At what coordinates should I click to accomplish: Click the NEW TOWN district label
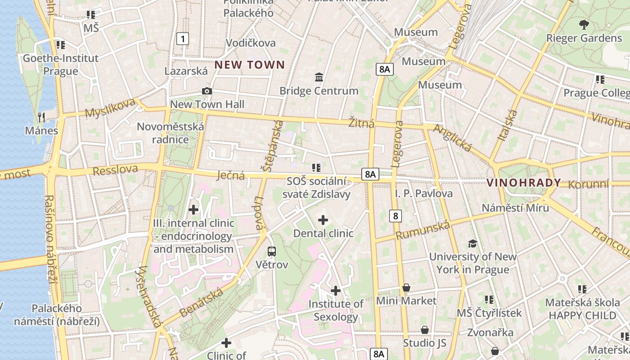pos(249,65)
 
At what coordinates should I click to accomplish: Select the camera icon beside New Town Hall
pos(207,91)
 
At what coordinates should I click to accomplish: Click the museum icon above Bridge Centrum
pos(319,77)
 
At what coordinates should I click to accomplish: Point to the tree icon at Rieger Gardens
pos(584,24)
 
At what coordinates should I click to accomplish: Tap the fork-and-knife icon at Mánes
pos(41,117)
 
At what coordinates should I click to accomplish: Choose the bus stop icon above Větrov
pos(271,251)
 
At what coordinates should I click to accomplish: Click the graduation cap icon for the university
pos(472,243)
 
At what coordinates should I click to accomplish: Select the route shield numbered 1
pos(183,39)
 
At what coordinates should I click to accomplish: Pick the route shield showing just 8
pos(396,216)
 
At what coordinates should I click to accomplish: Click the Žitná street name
pos(361,122)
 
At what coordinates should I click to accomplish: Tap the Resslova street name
pos(115,170)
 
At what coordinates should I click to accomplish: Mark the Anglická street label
pos(452,138)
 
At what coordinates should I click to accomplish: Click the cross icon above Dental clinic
pos(323,220)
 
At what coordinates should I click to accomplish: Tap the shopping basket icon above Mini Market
pos(406,288)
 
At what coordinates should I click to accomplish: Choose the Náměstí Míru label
pos(515,208)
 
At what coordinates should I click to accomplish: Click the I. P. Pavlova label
pos(424,193)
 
